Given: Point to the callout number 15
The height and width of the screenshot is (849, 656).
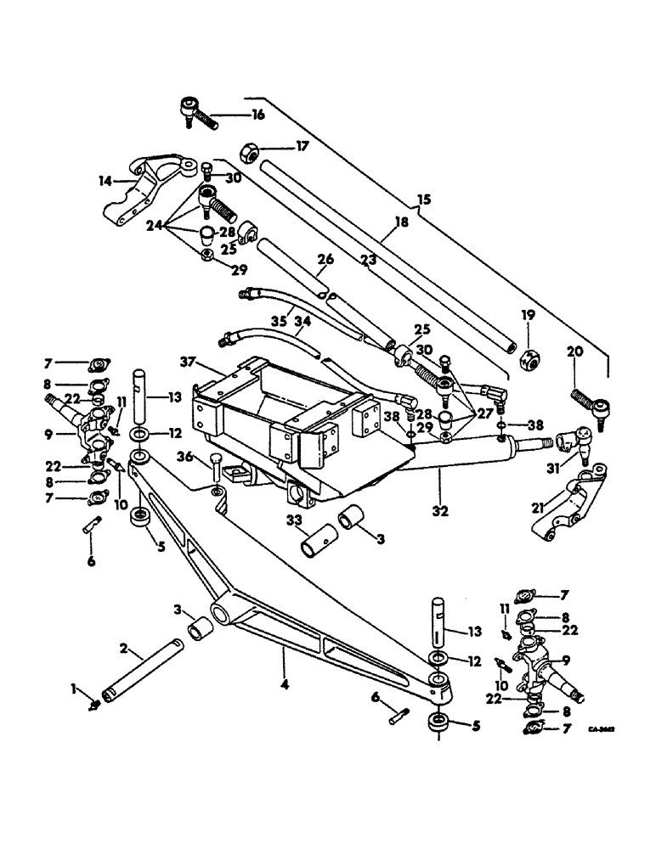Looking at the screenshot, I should (x=425, y=200).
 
